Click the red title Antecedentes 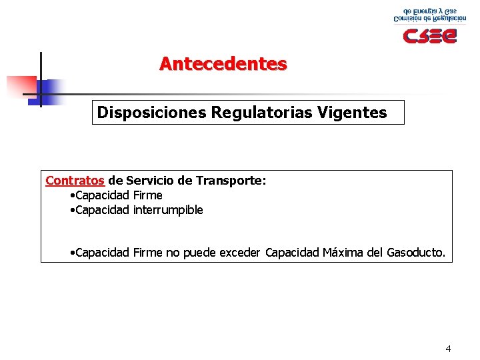pos(223,64)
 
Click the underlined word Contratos pos(75,181)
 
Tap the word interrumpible pos(168,210)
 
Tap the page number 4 pos(448,349)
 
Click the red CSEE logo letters pos(429,35)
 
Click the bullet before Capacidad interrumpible pos(72,211)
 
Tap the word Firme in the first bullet pos(148,195)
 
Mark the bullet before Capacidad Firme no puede pos(72,253)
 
